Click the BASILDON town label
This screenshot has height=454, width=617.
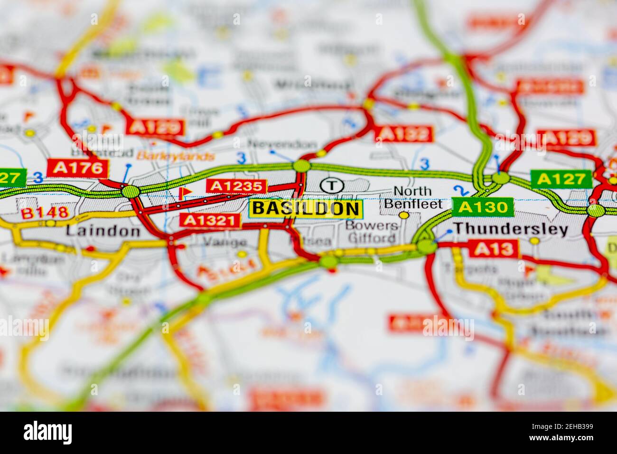(x=305, y=208)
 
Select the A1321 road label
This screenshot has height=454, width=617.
(x=209, y=220)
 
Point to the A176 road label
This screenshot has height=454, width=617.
(x=78, y=168)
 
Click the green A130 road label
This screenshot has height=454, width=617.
(x=483, y=207)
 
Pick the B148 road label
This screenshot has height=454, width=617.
(x=45, y=213)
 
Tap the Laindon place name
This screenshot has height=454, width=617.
(x=103, y=231)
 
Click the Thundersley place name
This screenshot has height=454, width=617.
(x=511, y=229)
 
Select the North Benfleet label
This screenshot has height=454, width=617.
(x=413, y=198)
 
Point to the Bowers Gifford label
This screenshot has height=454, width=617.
(x=372, y=231)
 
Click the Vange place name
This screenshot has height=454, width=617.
(x=219, y=242)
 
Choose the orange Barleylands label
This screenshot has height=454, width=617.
(x=176, y=156)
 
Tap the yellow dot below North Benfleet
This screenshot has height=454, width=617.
(x=403, y=215)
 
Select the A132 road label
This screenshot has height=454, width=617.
(x=403, y=134)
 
